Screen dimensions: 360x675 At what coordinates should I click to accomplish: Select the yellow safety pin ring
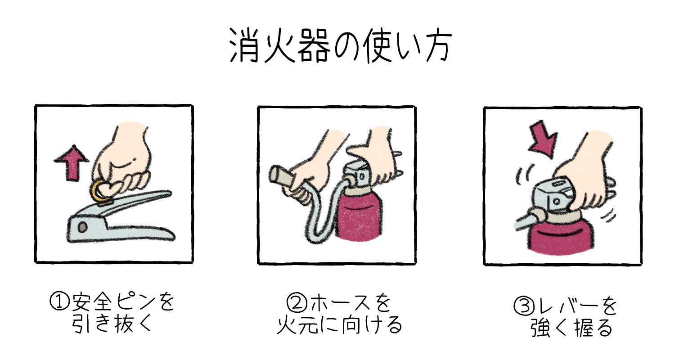[x=100, y=193]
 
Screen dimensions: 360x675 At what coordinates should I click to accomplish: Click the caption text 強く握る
[x=571, y=329]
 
